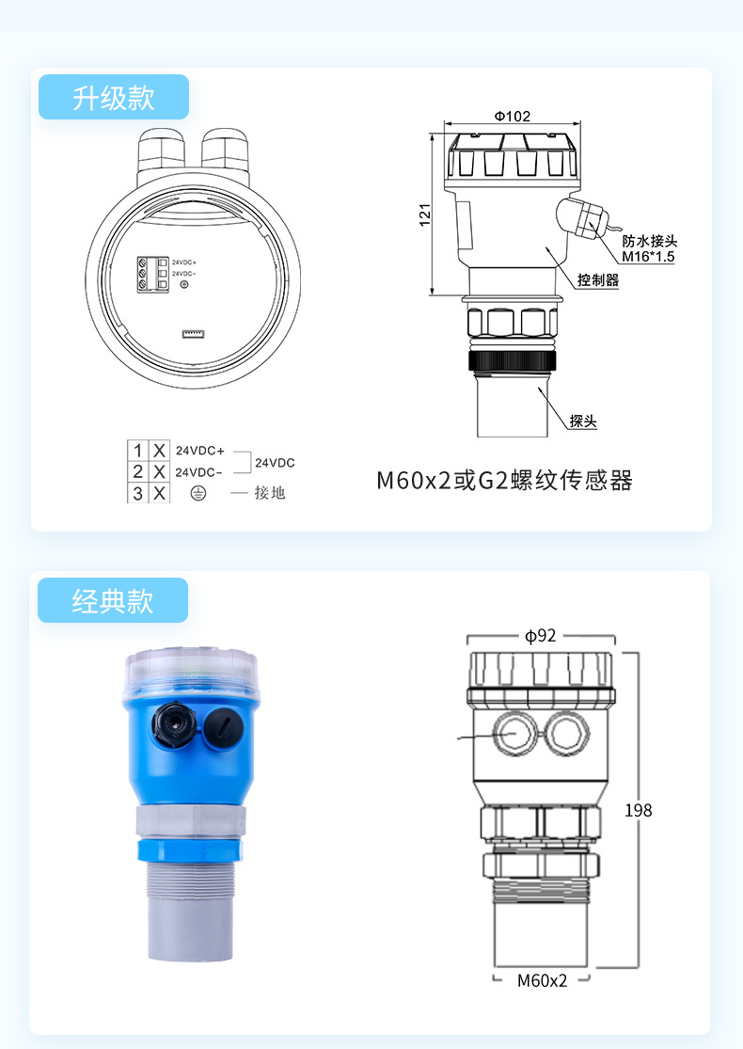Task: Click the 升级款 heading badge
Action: click(114, 97)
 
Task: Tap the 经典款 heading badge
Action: click(113, 600)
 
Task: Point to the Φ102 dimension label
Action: click(512, 117)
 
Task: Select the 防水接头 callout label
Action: click(650, 242)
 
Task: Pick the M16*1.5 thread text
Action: click(648, 256)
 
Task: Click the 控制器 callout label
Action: click(598, 280)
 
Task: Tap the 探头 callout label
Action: click(583, 421)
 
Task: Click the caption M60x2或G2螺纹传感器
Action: click(504, 481)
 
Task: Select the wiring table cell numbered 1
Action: click(138, 450)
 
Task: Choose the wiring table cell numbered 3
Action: click(138, 492)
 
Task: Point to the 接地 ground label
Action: click(269, 492)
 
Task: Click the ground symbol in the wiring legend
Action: click(198, 492)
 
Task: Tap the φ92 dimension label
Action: click(541, 636)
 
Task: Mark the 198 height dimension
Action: click(638, 810)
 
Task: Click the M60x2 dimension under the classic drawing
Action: click(543, 980)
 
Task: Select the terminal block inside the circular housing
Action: click(152, 273)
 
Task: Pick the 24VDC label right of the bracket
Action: click(275, 463)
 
